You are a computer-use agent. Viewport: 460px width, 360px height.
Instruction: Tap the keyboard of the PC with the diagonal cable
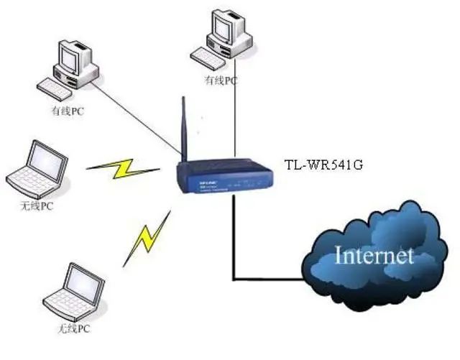[59, 91]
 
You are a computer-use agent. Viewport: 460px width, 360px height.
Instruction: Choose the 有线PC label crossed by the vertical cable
[220, 80]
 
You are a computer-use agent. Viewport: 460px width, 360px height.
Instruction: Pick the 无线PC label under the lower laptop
[75, 331]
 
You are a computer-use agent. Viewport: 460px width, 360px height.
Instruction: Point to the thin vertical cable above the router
[236, 122]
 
